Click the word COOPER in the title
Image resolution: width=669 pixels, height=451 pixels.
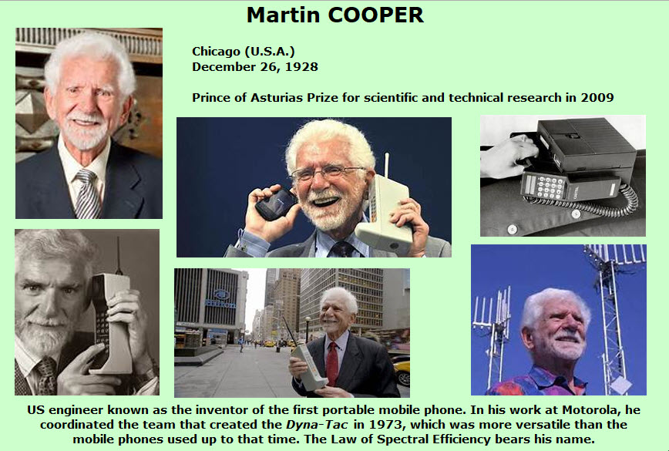(x=376, y=15)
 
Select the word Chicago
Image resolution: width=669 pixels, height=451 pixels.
(x=216, y=52)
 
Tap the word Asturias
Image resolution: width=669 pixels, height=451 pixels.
(x=277, y=98)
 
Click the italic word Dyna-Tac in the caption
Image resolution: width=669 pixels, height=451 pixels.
(x=317, y=425)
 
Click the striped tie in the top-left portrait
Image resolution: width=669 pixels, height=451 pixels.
(x=87, y=194)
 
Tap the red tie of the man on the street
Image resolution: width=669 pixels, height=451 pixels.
(x=332, y=364)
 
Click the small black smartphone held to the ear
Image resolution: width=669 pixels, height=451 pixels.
(x=275, y=204)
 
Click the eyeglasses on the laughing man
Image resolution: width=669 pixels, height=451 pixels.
(x=326, y=173)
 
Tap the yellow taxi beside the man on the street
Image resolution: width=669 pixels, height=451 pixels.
(x=402, y=372)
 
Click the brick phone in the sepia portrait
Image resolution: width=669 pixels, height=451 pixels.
(x=110, y=323)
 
